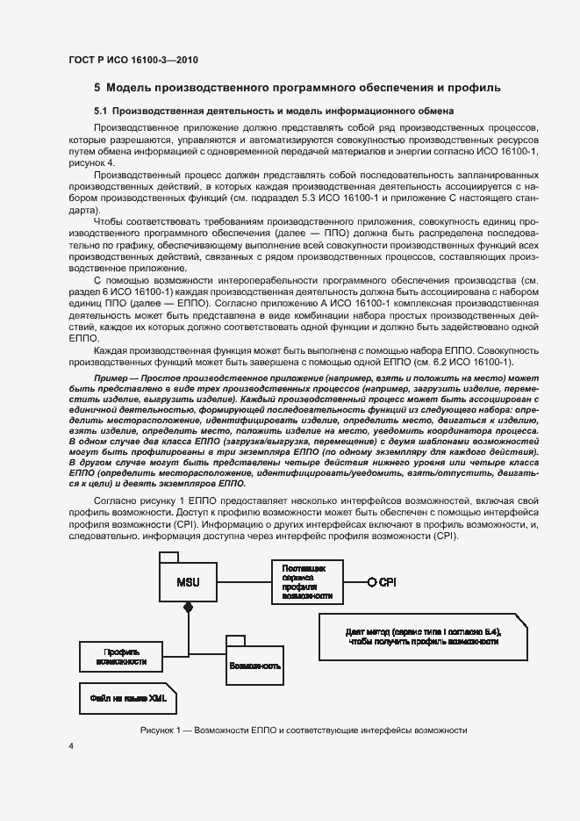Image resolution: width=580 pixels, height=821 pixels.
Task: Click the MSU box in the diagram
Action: (187, 582)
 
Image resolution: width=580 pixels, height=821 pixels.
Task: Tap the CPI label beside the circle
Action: (387, 582)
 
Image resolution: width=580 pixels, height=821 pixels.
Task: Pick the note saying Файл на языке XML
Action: (122, 700)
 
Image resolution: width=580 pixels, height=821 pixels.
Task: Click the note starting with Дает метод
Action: (424, 636)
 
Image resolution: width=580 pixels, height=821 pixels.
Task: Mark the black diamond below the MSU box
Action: (187, 608)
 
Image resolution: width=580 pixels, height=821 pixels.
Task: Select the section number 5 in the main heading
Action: (97, 88)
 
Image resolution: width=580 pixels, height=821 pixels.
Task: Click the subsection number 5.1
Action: (100, 112)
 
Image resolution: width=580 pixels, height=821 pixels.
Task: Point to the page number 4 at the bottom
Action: (71, 745)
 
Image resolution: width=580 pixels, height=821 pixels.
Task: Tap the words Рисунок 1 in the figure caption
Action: (160, 731)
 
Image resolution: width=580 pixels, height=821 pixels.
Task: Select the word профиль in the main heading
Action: (476, 88)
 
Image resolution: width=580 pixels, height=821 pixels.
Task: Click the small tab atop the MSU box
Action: (168, 558)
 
